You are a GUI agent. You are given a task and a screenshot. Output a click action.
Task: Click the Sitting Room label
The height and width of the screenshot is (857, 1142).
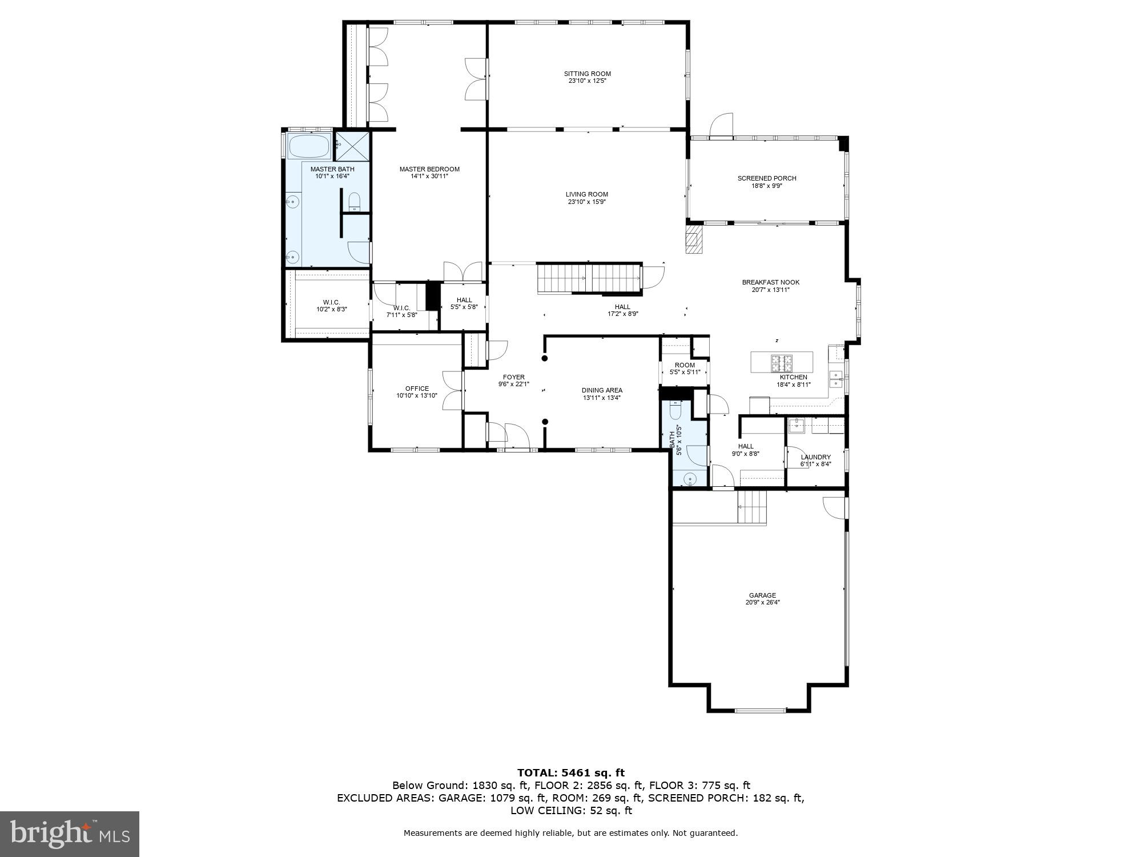tap(587, 74)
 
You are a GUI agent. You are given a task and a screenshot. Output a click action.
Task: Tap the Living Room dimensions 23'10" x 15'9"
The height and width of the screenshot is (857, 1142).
tap(587, 202)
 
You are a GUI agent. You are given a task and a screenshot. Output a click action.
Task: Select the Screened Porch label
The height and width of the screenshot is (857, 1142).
tap(766, 178)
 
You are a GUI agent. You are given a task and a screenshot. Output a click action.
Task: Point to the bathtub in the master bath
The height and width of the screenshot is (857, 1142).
tap(309, 146)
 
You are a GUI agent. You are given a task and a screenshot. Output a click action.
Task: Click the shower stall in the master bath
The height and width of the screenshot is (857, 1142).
tap(352, 146)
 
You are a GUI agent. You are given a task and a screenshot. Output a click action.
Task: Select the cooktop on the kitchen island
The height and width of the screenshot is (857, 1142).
tap(782, 361)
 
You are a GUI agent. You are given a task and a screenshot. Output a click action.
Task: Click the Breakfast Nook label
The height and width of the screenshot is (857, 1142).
tap(770, 282)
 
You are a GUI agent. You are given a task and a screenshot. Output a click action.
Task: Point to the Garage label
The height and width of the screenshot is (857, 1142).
tap(762, 595)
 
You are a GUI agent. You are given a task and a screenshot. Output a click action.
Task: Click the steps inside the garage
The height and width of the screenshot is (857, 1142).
tap(751, 506)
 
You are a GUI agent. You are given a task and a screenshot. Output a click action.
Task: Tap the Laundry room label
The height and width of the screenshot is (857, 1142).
tap(815, 457)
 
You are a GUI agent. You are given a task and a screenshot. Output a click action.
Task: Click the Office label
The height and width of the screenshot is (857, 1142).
tap(417, 389)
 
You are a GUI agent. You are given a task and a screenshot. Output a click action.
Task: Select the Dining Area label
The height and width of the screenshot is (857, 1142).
tap(602, 390)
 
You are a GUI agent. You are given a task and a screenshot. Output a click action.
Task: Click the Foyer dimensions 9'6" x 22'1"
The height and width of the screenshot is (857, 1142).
tap(513, 385)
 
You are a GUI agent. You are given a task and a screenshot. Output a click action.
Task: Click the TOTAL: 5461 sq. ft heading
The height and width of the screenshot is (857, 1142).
tap(570, 773)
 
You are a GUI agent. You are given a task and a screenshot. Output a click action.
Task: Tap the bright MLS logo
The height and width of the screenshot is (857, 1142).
tap(69, 834)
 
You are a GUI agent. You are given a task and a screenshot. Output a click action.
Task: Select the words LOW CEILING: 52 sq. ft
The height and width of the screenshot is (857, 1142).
tap(570, 811)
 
